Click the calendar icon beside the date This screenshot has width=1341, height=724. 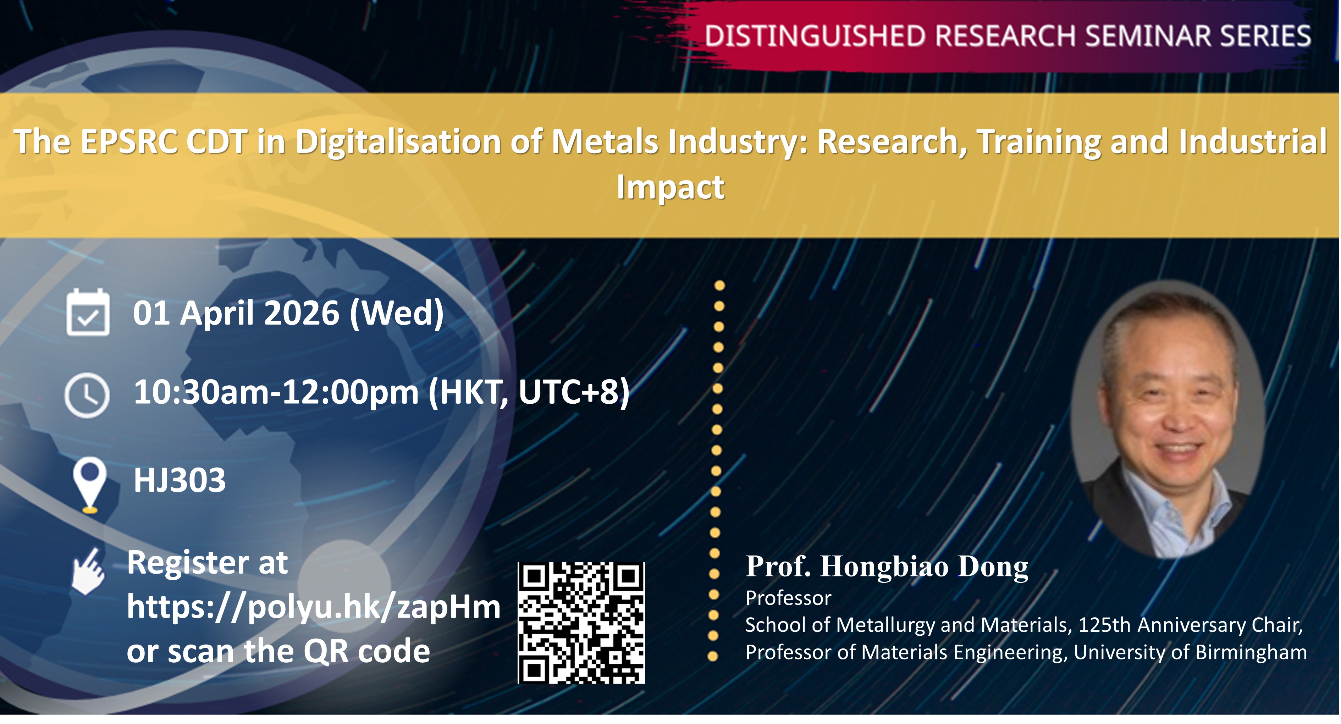point(88,312)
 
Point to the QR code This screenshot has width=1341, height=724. point(581,623)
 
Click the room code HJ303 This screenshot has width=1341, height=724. point(180,480)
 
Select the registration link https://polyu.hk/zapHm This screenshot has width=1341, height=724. point(313,607)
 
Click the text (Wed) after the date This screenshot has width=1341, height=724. point(397,313)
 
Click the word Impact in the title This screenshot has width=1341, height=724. point(670,187)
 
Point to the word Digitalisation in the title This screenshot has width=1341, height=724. point(399,143)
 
